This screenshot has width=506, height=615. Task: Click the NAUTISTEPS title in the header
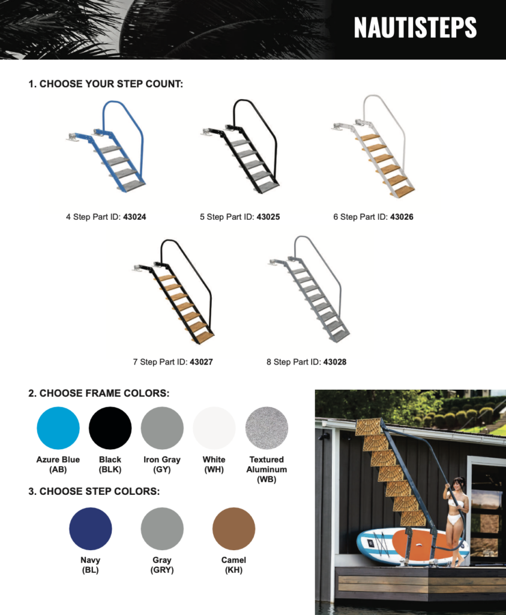(415, 28)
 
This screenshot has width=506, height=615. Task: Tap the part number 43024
(134, 217)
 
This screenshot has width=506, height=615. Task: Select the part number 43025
(268, 217)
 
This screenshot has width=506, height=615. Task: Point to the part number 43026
(402, 217)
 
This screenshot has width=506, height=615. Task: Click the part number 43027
(201, 362)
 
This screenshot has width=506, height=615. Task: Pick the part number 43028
(335, 362)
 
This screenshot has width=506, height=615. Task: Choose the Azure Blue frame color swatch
(58, 428)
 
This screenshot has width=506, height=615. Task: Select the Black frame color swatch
(110, 428)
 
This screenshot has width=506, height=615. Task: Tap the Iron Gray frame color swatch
(162, 428)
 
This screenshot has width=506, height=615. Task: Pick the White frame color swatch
(214, 428)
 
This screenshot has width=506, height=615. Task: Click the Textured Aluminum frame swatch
(267, 428)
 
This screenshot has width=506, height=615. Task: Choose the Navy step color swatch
(91, 529)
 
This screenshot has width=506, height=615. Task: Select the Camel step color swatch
(233, 529)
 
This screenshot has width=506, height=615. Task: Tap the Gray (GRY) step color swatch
(162, 529)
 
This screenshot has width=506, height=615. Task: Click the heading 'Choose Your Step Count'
(106, 84)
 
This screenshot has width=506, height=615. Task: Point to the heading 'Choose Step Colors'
(94, 491)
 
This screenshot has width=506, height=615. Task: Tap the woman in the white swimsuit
(456, 522)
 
